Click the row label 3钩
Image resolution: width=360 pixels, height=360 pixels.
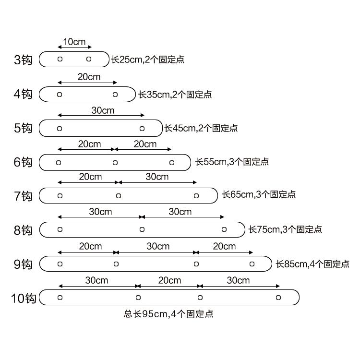pyautogui.click(x=23, y=60)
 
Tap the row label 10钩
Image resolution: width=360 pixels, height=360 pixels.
pyautogui.click(x=24, y=298)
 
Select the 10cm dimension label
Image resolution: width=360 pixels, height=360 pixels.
pyautogui.click(x=74, y=42)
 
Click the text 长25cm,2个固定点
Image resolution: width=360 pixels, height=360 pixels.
pyautogui.click(x=148, y=60)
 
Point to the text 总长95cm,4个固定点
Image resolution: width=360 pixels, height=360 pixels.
pyautogui.click(x=168, y=314)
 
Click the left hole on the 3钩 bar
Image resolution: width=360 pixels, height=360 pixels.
pyautogui.click(x=60, y=59)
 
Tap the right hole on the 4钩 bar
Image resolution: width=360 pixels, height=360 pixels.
pyautogui.click(x=115, y=95)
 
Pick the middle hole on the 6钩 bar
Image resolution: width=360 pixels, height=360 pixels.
pyautogui.click(x=115, y=163)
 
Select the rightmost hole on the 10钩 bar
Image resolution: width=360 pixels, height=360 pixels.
pyautogui.click(x=278, y=298)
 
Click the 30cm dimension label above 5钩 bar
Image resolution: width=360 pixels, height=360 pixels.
pyautogui.click(x=103, y=110)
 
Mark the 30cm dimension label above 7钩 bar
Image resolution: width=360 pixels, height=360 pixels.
pyautogui.click(x=157, y=177)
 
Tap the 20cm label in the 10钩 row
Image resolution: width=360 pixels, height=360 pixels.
pyautogui.click(x=169, y=280)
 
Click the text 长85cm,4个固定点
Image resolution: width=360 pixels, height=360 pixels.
pyautogui.click(x=312, y=264)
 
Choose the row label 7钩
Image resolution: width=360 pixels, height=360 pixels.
pyautogui.click(x=23, y=196)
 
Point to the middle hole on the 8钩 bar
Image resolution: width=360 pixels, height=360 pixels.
pyautogui.click(x=142, y=229)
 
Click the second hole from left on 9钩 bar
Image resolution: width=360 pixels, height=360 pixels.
pyautogui.click(x=116, y=264)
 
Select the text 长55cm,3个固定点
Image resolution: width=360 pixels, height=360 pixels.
pyautogui.click(x=232, y=162)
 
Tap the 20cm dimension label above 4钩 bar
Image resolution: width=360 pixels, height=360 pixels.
pyautogui.click(x=89, y=77)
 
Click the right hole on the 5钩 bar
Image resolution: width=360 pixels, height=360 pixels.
pyautogui.click(x=142, y=129)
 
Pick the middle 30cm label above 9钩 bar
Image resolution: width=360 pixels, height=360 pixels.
pyautogui.click(x=158, y=246)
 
